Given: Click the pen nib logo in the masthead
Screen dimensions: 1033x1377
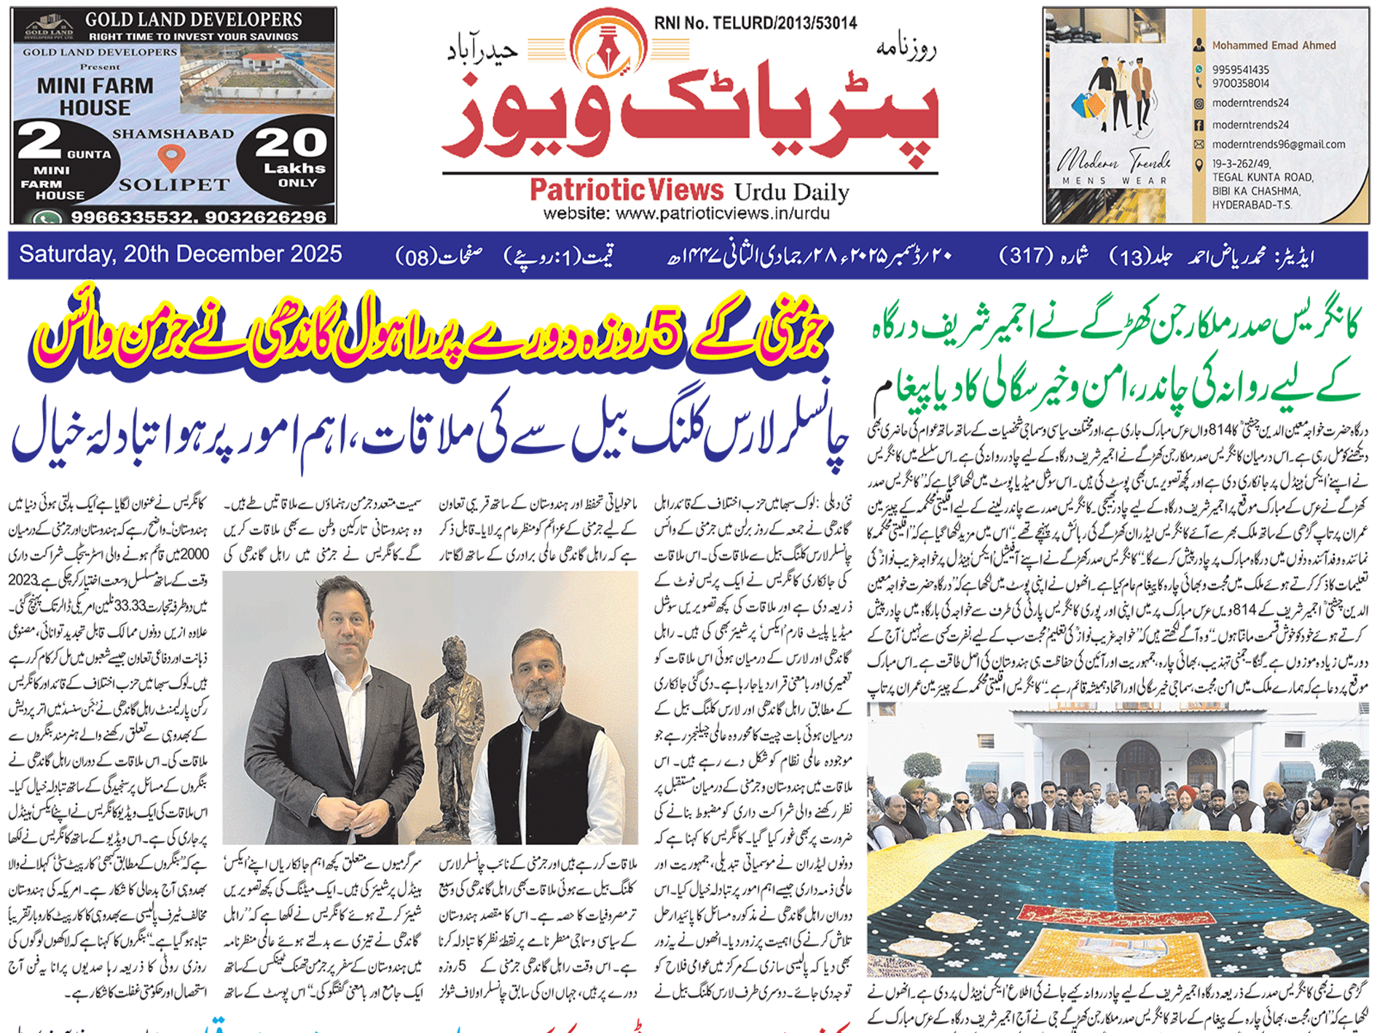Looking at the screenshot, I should pos(609,46).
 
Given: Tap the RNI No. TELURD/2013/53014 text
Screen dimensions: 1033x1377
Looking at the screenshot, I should pos(755,23).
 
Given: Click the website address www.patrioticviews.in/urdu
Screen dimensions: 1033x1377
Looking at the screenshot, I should pos(686,214).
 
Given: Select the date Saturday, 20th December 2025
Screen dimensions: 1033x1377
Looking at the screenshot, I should pos(180,254).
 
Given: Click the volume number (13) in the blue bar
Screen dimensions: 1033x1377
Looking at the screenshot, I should pos(1131,257).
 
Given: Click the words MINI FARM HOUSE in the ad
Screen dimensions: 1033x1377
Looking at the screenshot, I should pos(95,96).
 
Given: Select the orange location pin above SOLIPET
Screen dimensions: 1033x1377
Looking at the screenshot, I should pos(171,157).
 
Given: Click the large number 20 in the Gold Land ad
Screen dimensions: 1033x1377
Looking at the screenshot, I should pos(291,142).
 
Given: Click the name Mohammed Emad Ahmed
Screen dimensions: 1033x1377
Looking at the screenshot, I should pos(1274,45).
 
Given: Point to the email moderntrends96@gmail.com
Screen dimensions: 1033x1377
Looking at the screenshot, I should pos(1279,144).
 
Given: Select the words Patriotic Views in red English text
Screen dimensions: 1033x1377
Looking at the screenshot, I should pos(626,190).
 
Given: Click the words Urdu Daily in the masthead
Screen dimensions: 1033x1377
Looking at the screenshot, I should pos(791,192).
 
